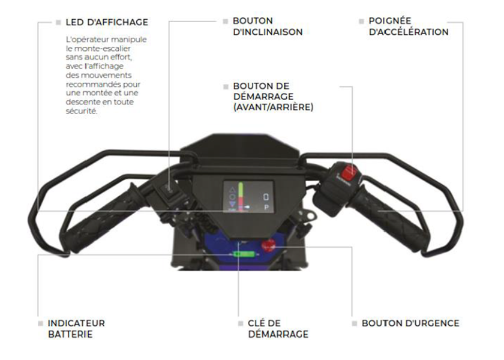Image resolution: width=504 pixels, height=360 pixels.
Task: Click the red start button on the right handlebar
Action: tap(349, 173)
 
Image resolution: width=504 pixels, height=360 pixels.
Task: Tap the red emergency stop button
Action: tap(268, 245)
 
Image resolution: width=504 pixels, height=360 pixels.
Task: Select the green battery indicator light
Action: tap(244, 254)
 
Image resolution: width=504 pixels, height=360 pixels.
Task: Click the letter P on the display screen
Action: tap(266, 208)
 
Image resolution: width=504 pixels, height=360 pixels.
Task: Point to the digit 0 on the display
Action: tap(266, 197)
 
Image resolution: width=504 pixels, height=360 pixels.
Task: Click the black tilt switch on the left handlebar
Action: tap(169, 190)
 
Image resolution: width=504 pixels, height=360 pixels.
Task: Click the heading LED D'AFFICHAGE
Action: tap(107, 22)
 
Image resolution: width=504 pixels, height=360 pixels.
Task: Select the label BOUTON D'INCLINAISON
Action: tap(268, 26)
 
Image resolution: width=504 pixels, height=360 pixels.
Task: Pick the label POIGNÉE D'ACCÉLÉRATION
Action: tap(408, 26)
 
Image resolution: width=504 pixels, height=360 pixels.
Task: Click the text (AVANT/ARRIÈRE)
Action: tap(273, 107)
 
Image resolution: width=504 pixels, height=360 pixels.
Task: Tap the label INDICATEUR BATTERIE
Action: tap(77, 329)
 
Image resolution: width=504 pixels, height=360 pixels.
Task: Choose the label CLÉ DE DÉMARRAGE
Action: tap(278, 329)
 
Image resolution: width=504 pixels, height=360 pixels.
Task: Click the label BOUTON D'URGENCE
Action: tap(410, 323)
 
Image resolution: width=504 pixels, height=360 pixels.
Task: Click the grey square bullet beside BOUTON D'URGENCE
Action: tap(354, 323)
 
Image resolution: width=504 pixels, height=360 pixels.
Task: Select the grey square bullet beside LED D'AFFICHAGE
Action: tap(58, 22)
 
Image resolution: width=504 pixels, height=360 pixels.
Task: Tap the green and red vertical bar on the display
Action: tap(241, 196)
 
